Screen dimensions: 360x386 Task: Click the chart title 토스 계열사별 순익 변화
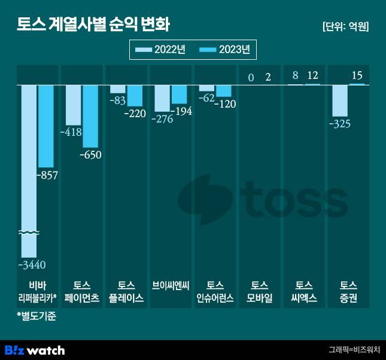(x=93, y=26)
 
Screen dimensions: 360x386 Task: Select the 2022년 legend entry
(x=161, y=50)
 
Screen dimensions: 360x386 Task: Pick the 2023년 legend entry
(x=224, y=50)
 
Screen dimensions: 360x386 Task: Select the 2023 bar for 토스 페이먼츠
(x=90, y=116)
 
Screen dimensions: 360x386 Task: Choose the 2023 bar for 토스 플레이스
(x=135, y=96)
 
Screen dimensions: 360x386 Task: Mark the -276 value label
(x=162, y=118)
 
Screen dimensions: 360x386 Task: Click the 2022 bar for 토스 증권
(x=340, y=100)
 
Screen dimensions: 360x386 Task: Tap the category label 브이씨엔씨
(x=171, y=285)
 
